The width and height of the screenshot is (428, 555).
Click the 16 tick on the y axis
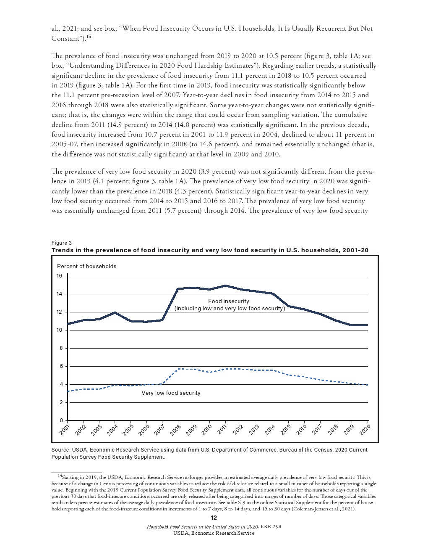[x=60, y=276]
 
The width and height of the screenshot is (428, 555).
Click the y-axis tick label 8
[x=60, y=348]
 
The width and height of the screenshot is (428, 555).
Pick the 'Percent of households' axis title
[x=86, y=266]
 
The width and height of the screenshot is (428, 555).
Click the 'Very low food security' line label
[x=171, y=393]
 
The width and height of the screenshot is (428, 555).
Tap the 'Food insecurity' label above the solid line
[x=228, y=301]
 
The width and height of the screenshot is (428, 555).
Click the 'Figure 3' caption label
[x=62, y=243]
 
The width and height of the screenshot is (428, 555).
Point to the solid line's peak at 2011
[x=225, y=286]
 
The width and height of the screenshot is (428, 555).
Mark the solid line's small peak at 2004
[x=115, y=313]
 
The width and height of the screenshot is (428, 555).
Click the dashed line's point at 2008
[x=178, y=369]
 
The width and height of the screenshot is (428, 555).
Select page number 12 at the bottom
[x=214, y=518]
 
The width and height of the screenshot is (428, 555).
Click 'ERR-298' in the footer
[x=271, y=526]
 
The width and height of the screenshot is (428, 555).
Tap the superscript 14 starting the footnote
[x=59, y=476]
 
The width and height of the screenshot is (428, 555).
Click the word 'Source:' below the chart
[x=61, y=449]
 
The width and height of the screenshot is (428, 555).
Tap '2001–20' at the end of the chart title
[x=355, y=250]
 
